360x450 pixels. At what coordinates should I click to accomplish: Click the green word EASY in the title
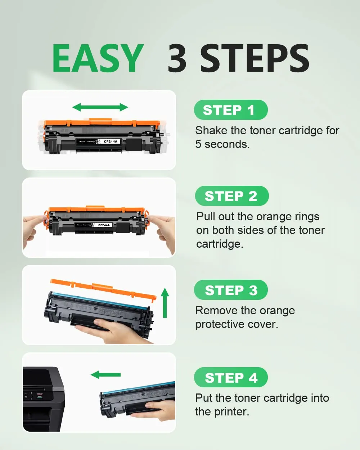coord(98,58)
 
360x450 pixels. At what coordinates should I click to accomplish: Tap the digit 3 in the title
coord(177,58)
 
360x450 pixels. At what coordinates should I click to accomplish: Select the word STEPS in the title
coord(255,58)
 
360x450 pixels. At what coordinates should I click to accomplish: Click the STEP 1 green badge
coord(231,110)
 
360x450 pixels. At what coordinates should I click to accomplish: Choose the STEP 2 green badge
coord(232,196)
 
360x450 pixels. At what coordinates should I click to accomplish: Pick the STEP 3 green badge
coord(231,290)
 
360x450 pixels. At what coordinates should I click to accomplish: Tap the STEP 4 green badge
coord(231,377)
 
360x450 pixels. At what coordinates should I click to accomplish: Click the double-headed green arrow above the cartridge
coord(100,107)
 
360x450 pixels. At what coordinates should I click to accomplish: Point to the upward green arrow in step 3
coord(165,303)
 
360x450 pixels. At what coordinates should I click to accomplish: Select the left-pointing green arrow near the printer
coord(105,375)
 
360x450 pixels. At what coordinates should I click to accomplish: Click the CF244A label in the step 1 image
coord(111,141)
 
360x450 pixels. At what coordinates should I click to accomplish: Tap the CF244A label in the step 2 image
coord(104,225)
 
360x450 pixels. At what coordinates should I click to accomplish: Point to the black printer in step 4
coord(44,399)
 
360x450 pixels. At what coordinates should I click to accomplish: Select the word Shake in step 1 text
coord(211,130)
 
